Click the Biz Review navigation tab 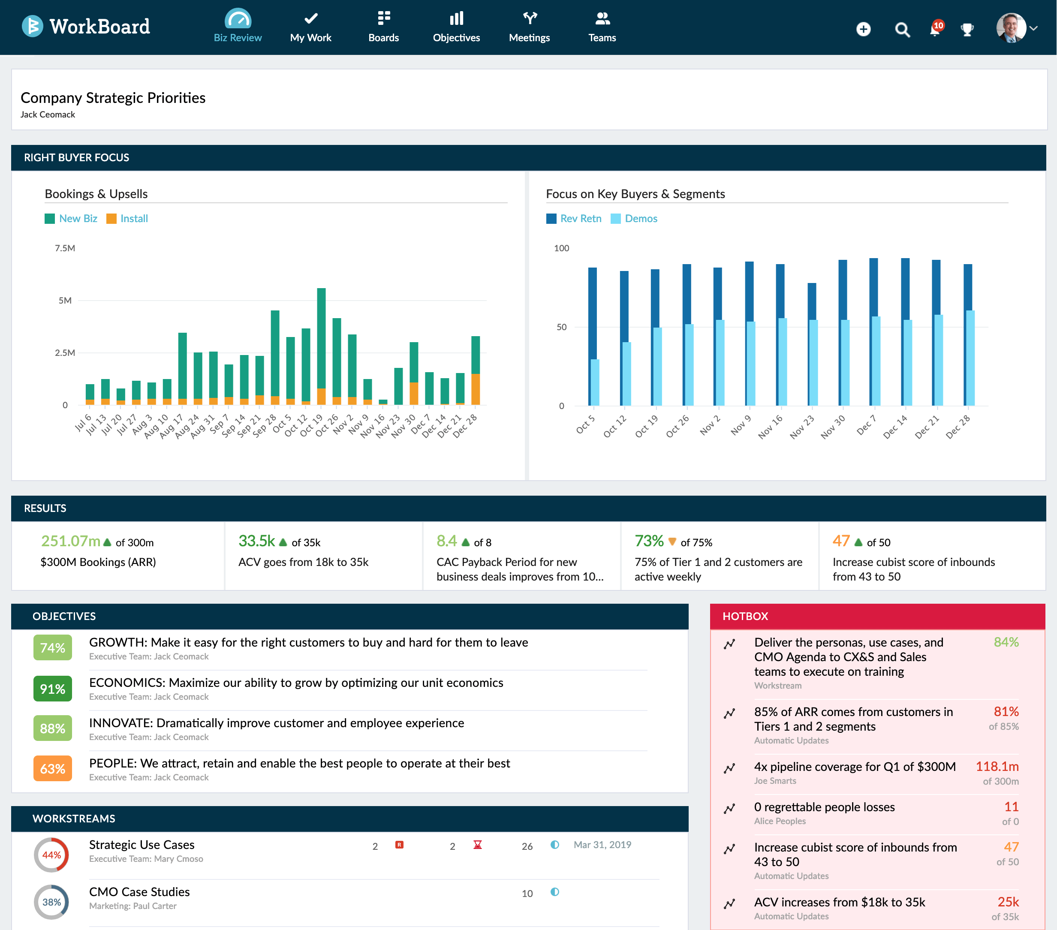coord(238,27)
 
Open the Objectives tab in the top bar coord(456,27)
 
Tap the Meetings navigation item coord(529,27)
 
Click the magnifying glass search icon coord(902,30)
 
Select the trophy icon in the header coord(967,30)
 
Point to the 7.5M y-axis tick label coord(65,248)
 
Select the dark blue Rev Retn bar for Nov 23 coord(811,301)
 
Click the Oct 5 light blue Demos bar coord(595,382)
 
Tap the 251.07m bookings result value coord(71,541)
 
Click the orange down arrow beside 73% coord(672,542)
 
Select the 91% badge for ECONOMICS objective coord(53,689)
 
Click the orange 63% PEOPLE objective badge coord(53,769)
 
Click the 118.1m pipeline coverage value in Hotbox coord(997,767)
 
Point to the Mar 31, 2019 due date coord(602,845)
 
